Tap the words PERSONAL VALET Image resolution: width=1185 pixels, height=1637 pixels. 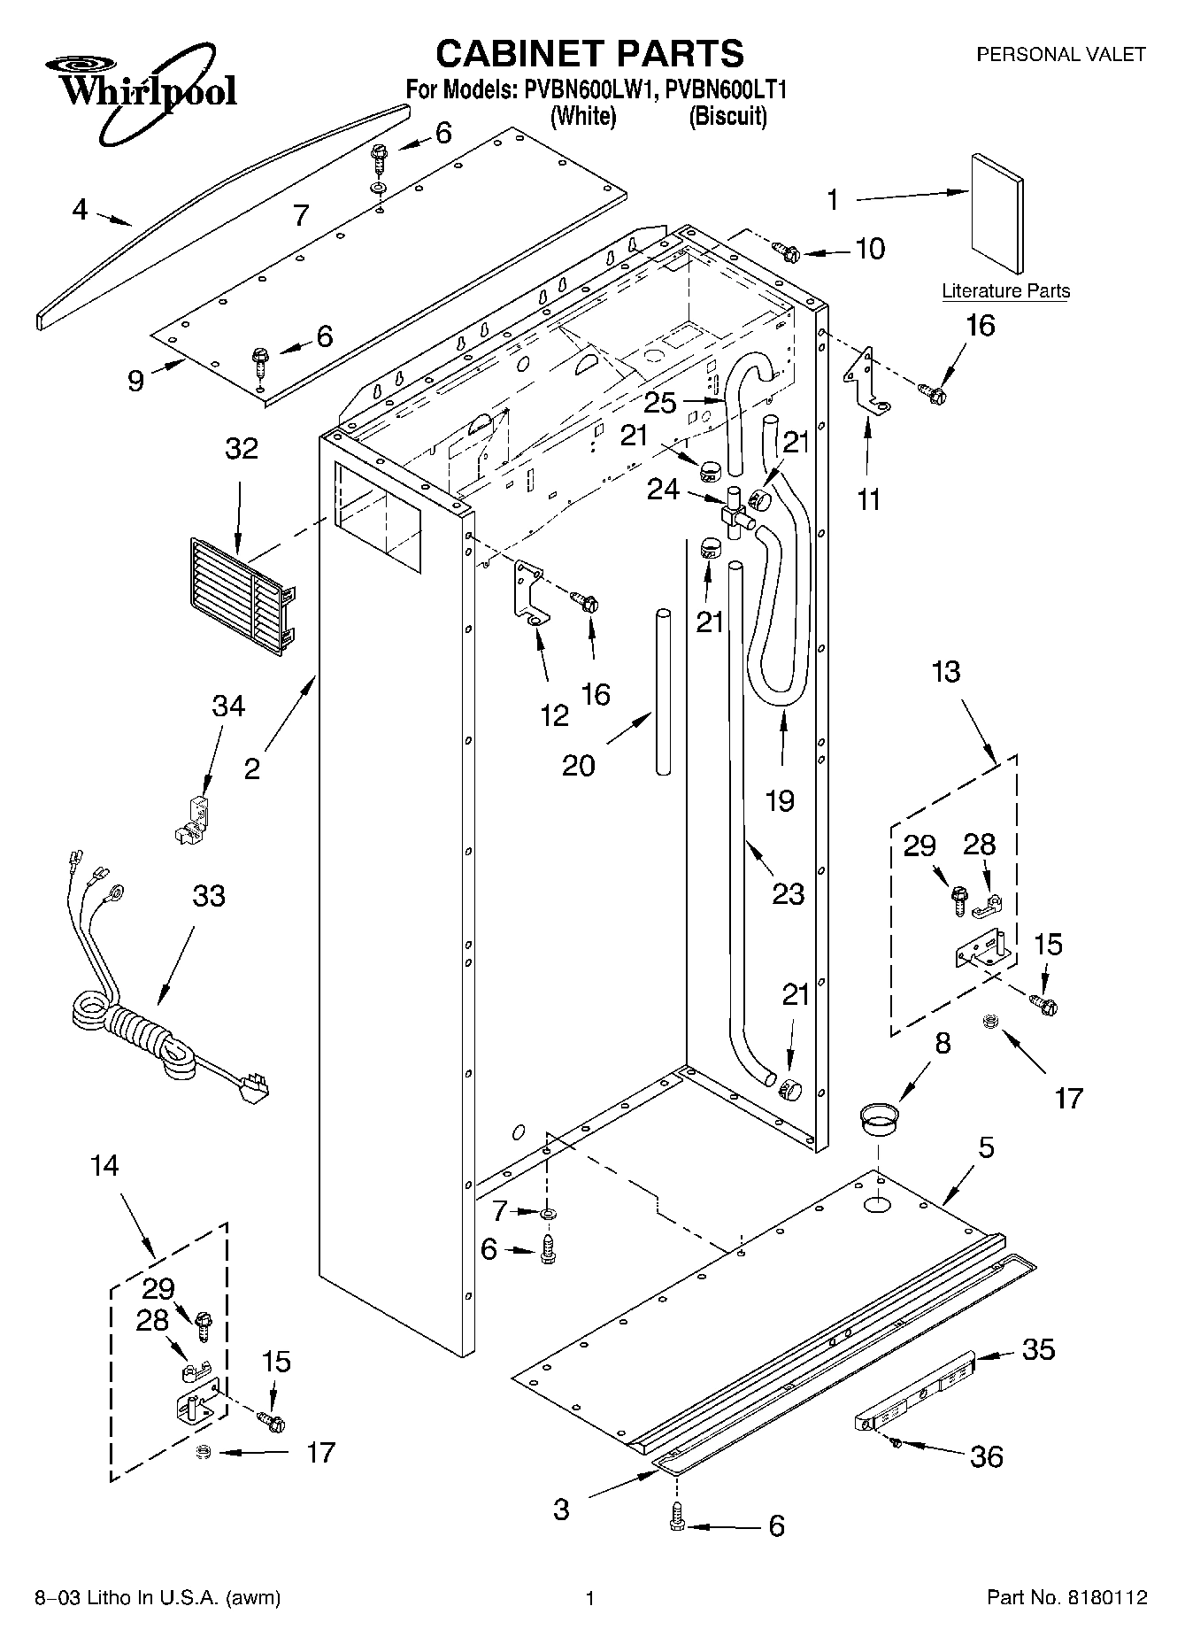pos(1060,55)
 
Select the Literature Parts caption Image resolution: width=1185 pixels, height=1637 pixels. pos(1005,291)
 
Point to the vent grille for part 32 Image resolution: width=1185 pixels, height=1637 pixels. pos(241,597)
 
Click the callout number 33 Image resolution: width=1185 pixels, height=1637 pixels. pos(209,896)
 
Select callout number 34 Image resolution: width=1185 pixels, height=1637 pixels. pos(227,707)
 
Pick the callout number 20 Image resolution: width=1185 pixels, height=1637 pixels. pos(579,765)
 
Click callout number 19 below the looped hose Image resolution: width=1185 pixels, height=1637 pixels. pos(780,800)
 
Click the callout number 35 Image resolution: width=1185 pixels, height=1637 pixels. pos(1038,1349)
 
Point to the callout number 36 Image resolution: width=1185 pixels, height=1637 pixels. pos(987,1456)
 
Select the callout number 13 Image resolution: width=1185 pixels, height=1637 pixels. pos(945,672)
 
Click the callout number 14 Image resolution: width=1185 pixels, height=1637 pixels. pos(104,1165)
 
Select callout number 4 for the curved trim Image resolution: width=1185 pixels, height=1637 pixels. pos(81,210)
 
